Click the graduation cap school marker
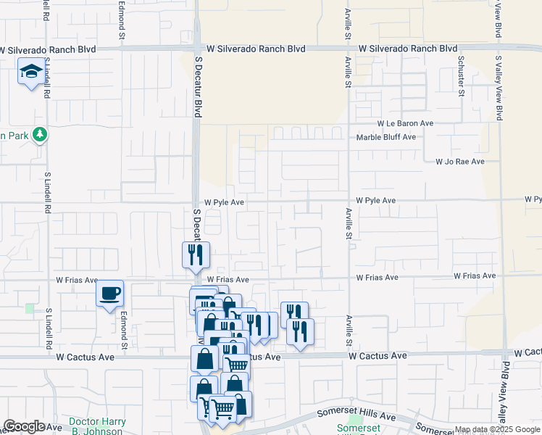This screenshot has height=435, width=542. tap(31, 72)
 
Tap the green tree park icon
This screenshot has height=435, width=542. tap(41, 135)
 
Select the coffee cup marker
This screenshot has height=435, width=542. tap(110, 294)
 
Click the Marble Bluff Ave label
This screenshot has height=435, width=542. tap(385, 137)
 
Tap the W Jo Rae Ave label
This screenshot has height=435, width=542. tap(459, 162)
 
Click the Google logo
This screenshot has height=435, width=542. tap(25, 426)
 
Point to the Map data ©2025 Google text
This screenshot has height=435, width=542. tap(497, 429)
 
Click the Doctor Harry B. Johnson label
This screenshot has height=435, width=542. tap(97, 426)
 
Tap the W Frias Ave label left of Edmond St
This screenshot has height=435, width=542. tap(77, 280)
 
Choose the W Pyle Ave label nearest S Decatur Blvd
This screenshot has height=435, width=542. tap(224, 203)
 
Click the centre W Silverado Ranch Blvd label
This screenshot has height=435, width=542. tap(256, 49)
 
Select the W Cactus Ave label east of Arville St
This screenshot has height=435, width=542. tap(387, 356)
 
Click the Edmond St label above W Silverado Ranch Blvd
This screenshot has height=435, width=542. tap(122, 22)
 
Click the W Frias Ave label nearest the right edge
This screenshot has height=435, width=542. tap(475, 276)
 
